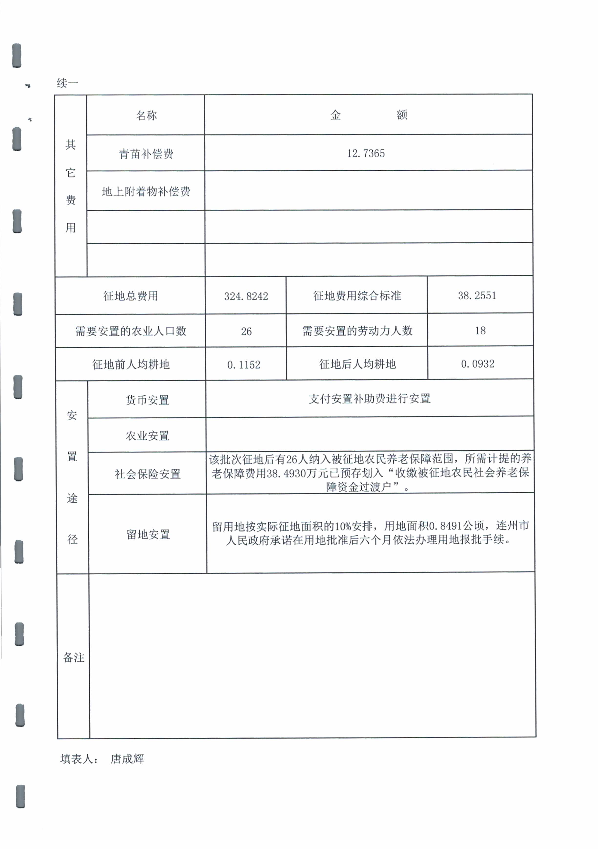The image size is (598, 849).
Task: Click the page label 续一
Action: (x=67, y=83)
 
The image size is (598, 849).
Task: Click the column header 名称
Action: (x=146, y=115)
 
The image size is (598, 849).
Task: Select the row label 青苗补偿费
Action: (x=146, y=154)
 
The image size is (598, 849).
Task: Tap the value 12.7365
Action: (x=365, y=154)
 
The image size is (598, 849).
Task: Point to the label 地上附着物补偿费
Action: (x=146, y=192)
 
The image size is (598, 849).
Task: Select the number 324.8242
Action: (x=246, y=296)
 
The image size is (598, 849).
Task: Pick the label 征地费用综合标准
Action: (x=357, y=295)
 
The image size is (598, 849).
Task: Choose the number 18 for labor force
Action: (x=480, y=331)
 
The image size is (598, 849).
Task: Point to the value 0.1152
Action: (x=244, y=365)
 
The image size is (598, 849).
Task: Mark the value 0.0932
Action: (x=477, y=364)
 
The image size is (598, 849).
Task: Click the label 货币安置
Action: (x=147, y=400)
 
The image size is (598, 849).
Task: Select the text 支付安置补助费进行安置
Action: (x=369, y=399)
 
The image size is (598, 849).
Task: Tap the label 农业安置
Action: (x=147, y=435)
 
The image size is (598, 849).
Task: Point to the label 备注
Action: (x=73, y=657)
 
